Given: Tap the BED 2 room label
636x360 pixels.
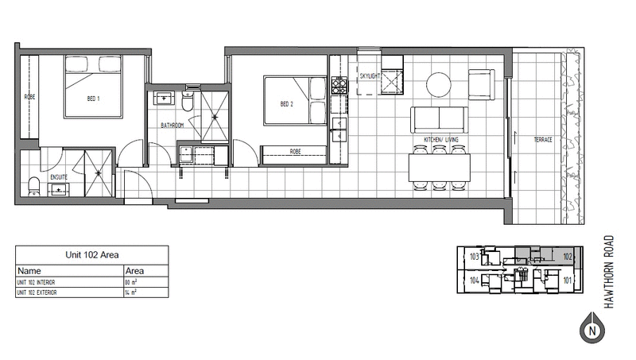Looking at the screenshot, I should coord(287,104).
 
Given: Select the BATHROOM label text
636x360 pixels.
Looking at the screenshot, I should coord(173,126).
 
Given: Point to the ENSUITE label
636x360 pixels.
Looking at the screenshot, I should coord(59,177).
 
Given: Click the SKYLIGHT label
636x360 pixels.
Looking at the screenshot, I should coord(370,77).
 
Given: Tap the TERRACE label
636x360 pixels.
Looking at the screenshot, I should coord(542,139).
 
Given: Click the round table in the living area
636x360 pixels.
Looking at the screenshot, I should coord(439,84).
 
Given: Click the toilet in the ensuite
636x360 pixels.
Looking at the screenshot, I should coord(33,186).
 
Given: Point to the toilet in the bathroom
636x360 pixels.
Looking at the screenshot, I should coord(187,101).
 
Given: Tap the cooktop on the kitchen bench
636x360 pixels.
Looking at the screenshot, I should coord(339,84).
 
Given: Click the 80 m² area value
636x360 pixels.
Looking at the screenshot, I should coord(132,282).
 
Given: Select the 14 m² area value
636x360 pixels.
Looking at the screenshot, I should coord(132,293).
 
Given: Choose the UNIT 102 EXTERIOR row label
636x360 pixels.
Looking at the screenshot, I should coord(47,293).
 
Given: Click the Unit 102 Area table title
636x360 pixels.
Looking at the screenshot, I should coord(91,256).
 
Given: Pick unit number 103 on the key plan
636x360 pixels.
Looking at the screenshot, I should coord(475,257).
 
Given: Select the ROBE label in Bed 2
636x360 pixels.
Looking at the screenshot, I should coord(295,151).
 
